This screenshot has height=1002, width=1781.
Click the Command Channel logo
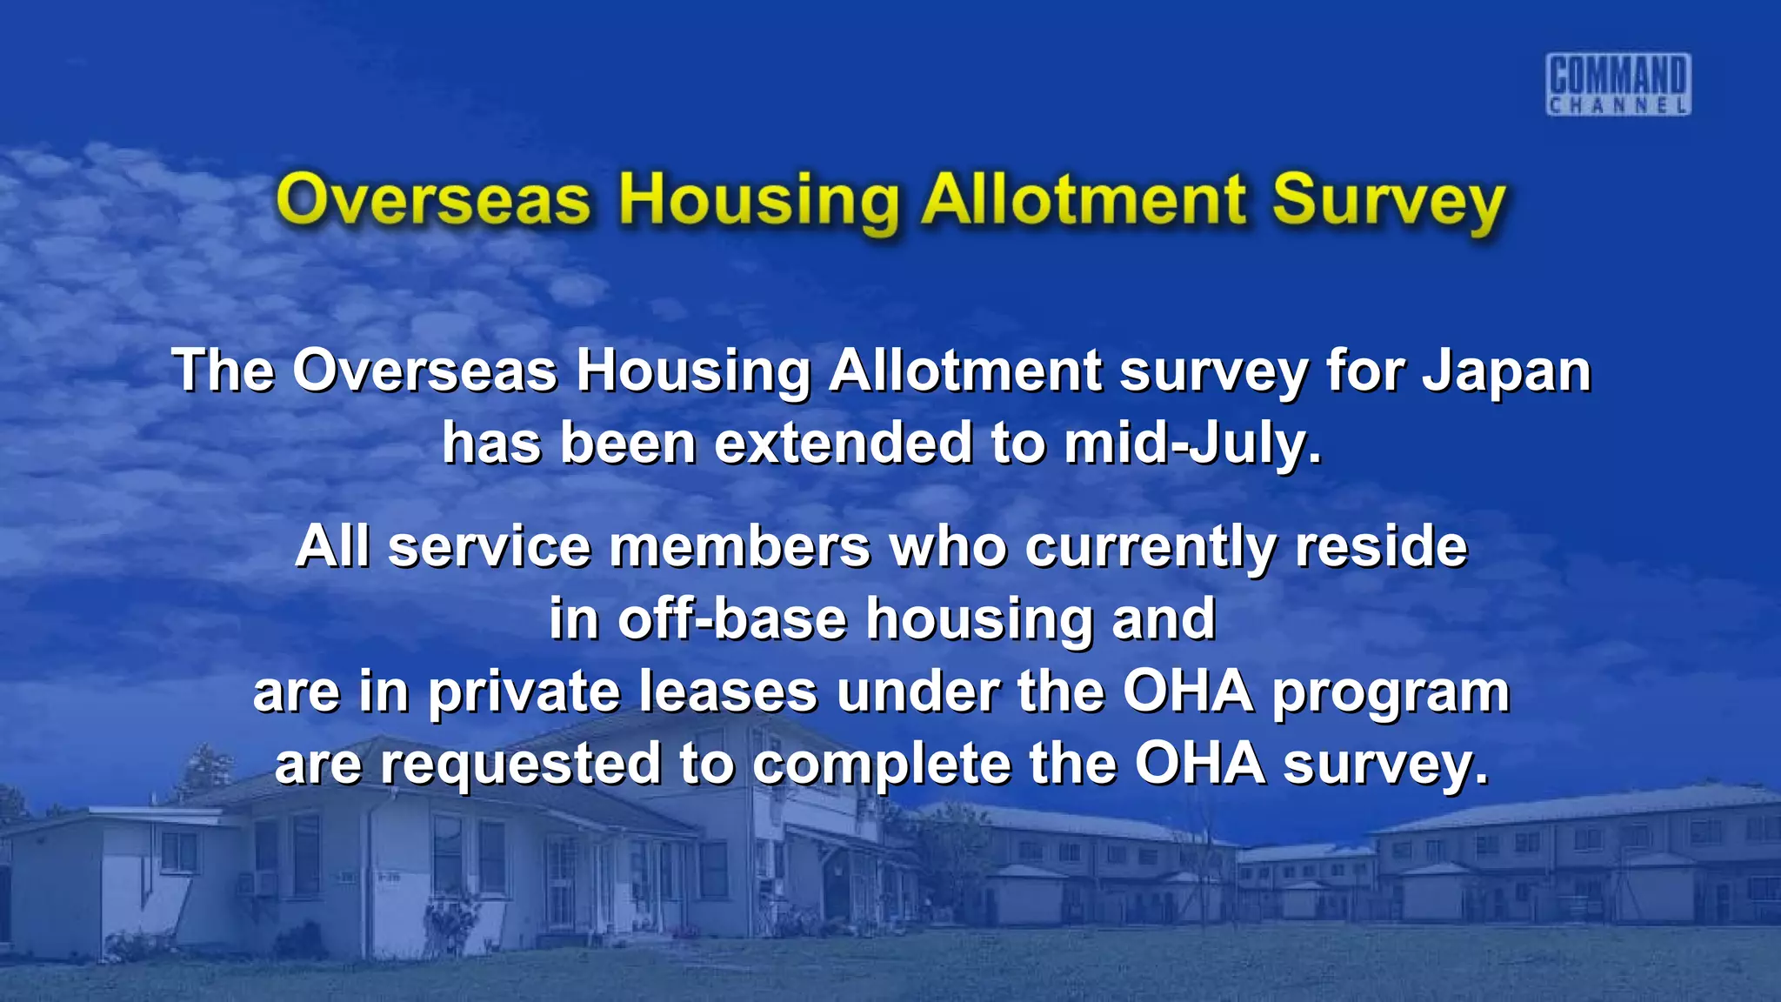click(1618, 83)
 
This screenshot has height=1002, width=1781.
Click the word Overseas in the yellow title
click(433, 201)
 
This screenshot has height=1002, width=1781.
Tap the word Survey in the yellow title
click(1388, 201)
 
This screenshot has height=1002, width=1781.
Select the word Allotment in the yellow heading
click(1084, 199)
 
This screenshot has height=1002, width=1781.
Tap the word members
click(740, 547)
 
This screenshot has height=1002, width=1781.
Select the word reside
click(1380, 547)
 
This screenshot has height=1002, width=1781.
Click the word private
click(524, 693)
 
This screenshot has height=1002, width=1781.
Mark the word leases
click(729, 691)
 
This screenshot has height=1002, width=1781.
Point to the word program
click(1391, 693)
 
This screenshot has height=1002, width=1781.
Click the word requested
click(520, 765)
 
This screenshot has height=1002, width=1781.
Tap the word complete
click(882, 765)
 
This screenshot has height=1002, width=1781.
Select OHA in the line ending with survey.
click(1199, 763)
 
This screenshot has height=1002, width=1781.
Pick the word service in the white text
click(489, 547)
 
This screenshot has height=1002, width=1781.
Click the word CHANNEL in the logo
click(1618, 106)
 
